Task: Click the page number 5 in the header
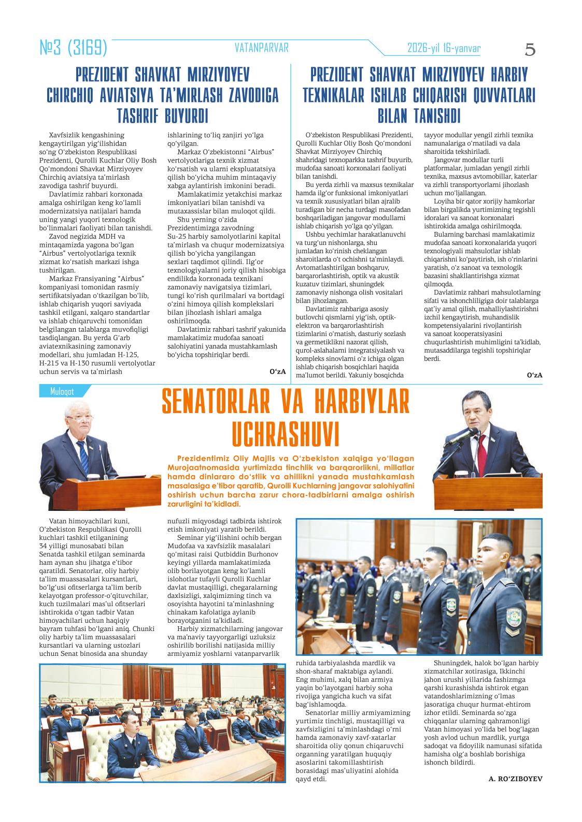(x=530, y=50)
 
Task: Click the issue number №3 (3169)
(x=74, y=48)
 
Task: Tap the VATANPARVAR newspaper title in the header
(x=261, y=48)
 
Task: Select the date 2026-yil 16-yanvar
(x=444, y=48)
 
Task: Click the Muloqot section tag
(x=62, y=391)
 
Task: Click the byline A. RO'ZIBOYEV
(x=515, y=778)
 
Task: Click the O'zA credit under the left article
(x=278, y=371)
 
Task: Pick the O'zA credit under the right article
(x=534, y=375)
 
